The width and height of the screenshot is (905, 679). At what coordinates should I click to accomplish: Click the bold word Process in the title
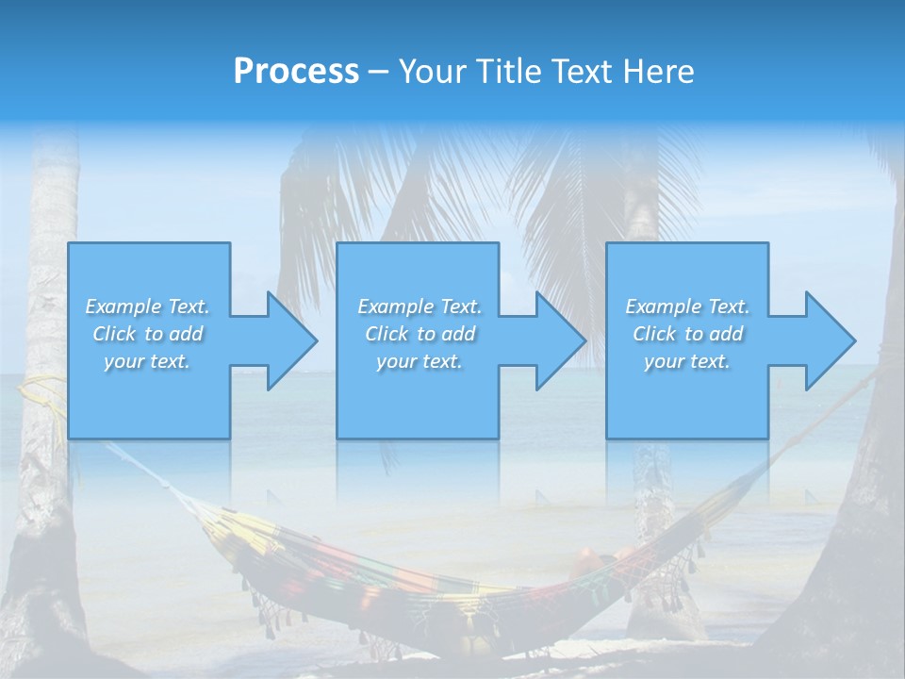coord(296,72)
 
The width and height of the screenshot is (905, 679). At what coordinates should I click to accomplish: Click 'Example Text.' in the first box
coord(147,306)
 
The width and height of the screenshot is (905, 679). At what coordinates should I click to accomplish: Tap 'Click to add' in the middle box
coord(420,334)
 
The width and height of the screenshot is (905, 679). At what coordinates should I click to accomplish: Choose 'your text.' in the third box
coord(687,361)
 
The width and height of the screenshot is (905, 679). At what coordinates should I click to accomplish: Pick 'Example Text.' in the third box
coord(687,306)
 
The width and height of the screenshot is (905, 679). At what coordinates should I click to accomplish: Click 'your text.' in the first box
coord(147,361)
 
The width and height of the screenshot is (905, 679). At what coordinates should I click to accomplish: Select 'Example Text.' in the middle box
coord(420,306)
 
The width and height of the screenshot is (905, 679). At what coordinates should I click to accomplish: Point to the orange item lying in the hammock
coord(594,559)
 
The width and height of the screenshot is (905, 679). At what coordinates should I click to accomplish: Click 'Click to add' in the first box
coord(147,334)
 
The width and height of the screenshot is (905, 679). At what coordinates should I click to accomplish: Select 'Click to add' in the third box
coord(687,334)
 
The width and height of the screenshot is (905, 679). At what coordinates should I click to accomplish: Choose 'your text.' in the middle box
coord(420,361)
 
